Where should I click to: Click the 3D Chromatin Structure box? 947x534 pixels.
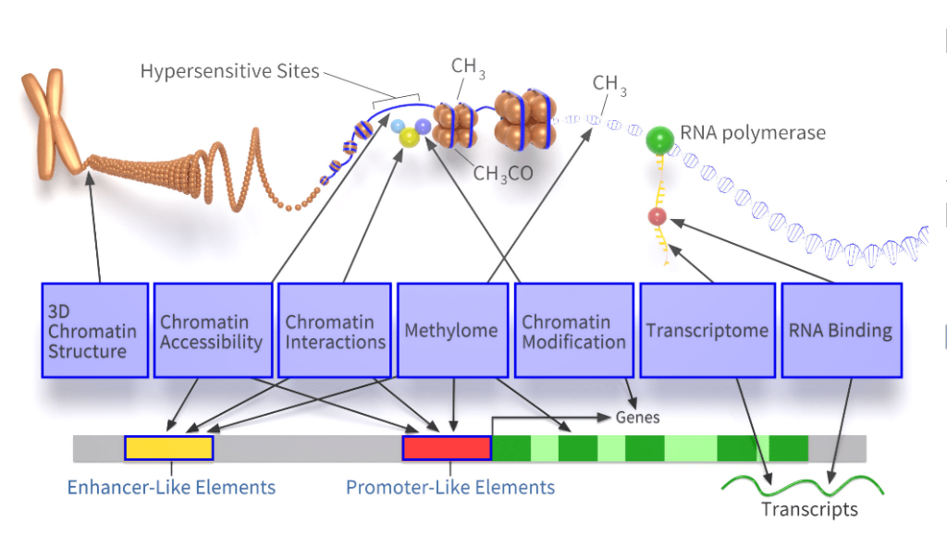95,330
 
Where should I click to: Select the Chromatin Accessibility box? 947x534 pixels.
213,330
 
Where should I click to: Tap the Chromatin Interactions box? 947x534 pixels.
335,330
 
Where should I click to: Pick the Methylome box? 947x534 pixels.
452,330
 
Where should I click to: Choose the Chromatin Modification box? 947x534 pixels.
573,330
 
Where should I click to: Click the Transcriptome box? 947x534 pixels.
707,330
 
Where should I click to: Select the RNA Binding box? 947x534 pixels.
841,330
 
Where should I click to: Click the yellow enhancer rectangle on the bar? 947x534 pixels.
169,448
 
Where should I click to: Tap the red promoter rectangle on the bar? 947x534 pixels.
447,448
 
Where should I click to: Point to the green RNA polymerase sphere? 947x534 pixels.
659,140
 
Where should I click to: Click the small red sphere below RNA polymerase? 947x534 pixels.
657,217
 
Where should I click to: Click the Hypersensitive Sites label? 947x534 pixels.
229,71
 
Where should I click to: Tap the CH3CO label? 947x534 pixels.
503,173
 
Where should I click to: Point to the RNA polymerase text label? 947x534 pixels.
753,133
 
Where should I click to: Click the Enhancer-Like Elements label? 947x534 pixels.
171,487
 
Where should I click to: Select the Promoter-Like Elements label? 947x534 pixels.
450,487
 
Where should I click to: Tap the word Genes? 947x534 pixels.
638,418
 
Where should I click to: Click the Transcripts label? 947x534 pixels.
809,509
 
